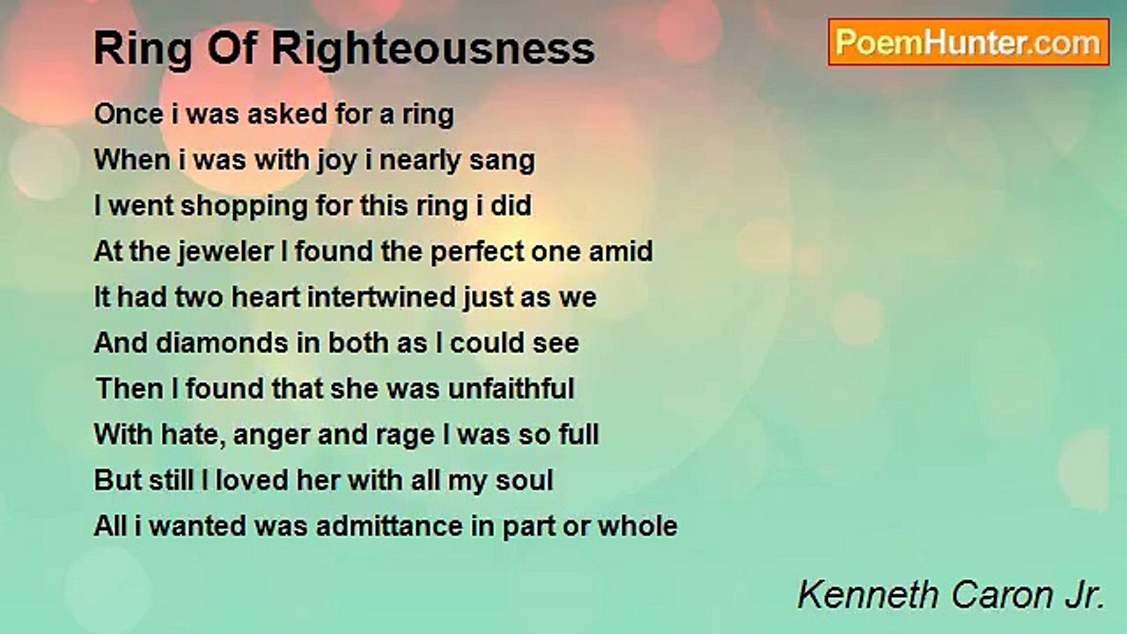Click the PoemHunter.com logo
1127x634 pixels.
pos(969,42)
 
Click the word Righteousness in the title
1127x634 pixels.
pos(433,49)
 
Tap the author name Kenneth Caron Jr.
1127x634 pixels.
pos(951,596)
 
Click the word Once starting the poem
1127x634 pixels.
pos(127,114)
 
